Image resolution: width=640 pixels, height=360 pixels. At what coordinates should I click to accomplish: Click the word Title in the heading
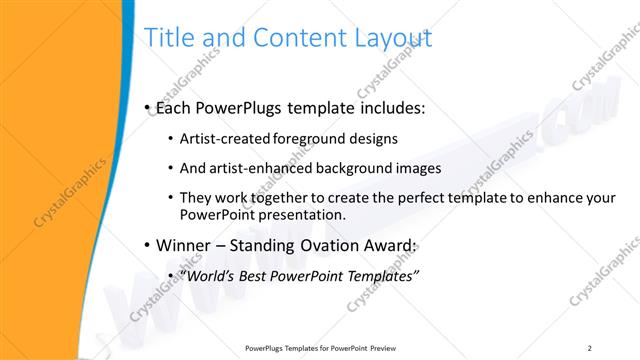(x=169, y=38)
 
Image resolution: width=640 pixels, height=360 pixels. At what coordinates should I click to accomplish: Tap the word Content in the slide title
(x=290, y=38)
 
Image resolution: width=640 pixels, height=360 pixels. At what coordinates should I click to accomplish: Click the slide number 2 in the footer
(x=590, y=347)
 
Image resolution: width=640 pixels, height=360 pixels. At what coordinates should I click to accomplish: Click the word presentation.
(x=304, y=214)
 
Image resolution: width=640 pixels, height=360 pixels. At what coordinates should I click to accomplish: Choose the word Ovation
(x=322, y=245)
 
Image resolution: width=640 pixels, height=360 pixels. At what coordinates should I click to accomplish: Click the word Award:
(x=387, y=245)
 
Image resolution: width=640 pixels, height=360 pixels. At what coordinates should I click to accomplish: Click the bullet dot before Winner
(x=147, y=246)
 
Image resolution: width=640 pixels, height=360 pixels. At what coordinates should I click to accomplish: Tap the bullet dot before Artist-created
(x=172, y=140)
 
